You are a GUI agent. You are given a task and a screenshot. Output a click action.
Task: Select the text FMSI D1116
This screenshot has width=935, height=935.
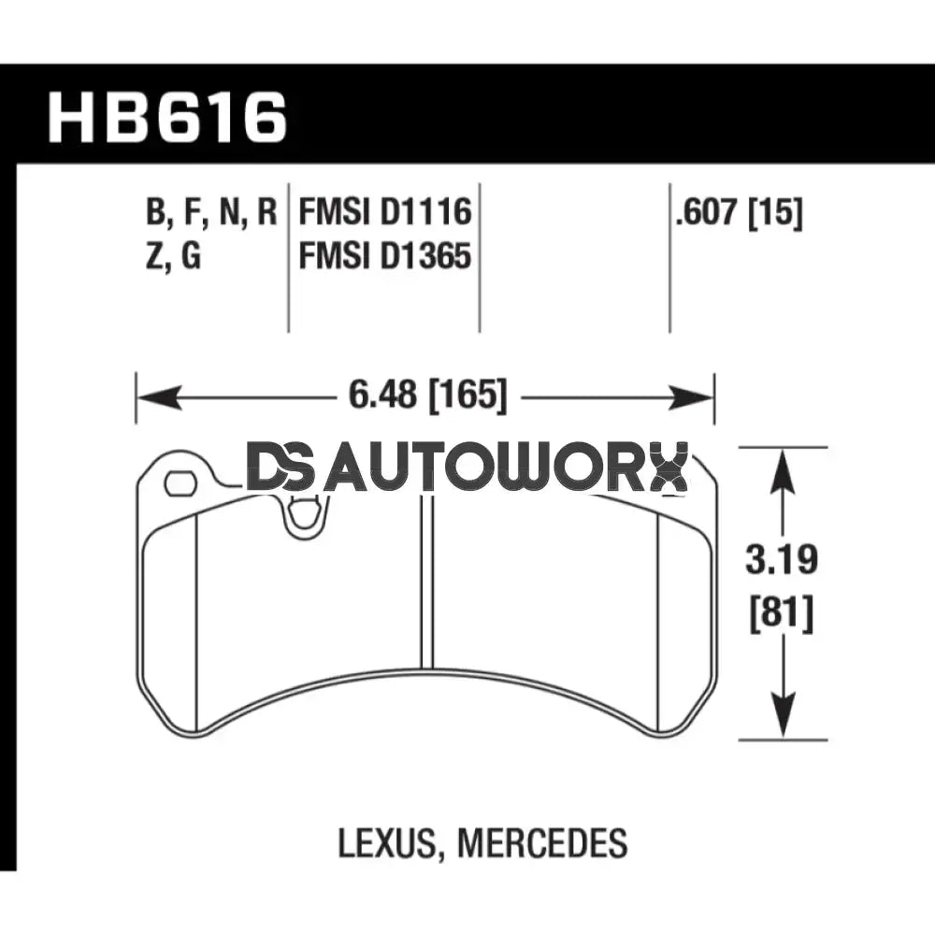pyautogui.click(x=384, y=213)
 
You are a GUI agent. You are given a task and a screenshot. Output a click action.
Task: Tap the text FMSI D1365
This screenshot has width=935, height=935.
pyautogui.click(x=384, y=255)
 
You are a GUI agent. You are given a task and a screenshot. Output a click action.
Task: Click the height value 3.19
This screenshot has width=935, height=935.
pyautogui.click(x=782, y=561)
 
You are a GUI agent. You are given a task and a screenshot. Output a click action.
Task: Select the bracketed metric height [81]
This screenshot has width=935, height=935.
pyautogui.click(x=782, y=614)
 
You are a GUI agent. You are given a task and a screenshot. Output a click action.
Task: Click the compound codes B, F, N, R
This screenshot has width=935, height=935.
pyautogui.click(x=211, y=213)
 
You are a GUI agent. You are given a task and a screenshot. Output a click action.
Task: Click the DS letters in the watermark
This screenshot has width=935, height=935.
pyautogui.click(x=278, y=468)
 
